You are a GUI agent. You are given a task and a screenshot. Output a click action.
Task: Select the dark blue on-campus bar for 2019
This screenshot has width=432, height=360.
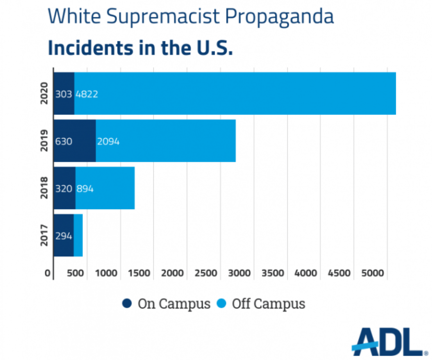point(74,141)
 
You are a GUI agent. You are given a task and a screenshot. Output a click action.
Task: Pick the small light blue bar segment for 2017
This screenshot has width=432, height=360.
point(78,235)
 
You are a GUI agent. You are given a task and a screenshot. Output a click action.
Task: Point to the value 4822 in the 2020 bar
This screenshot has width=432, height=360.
point(87,94)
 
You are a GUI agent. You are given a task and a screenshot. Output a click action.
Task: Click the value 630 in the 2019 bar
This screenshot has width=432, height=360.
point(64,142)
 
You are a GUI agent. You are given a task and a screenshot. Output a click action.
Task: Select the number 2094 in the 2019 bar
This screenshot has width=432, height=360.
point(108,142)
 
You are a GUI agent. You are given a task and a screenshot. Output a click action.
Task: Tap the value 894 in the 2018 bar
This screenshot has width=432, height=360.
point(85,188)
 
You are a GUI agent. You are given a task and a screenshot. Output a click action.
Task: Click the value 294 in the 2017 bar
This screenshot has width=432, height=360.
point(64,236)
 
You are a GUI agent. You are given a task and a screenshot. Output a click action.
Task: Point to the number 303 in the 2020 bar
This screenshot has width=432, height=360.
point(64,94)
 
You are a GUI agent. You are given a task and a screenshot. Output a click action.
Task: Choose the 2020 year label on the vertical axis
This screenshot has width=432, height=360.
point(44,93)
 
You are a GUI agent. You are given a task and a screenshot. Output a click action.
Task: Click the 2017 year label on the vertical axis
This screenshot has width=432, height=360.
point(44,235)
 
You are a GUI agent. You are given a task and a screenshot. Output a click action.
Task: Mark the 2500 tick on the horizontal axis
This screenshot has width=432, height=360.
point(206,273)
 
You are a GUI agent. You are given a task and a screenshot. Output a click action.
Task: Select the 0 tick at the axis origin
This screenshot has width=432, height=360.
point(48,273)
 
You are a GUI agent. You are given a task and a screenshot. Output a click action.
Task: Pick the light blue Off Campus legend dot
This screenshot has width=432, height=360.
point(222,304)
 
